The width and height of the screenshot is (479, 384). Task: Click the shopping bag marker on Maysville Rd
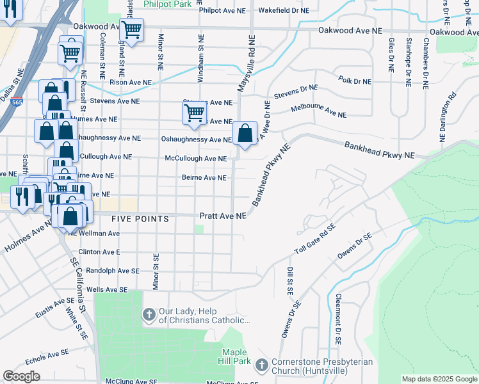pos(245,134)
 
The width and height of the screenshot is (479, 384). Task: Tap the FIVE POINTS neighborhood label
pos(140,219)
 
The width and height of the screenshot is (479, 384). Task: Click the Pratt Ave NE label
pos(222,217)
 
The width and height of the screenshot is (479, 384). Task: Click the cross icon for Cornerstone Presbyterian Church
pos(261,365)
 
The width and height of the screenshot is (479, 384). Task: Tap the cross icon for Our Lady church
pos(149,315)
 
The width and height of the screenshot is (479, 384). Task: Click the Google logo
pos(21,376)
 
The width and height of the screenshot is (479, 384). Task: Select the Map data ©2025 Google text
pos(439,379)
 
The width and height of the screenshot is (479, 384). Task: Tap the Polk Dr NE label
pos(354,81)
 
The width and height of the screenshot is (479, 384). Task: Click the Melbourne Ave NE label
pos(318,111)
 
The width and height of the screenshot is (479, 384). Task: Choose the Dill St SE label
pos(290,280)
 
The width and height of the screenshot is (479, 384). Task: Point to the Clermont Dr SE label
pos(336,320)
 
